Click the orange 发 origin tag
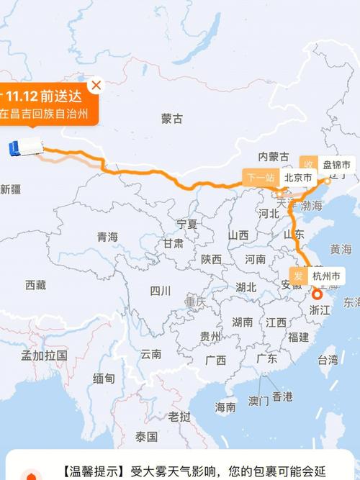pyautogui.click(x=298, y=276)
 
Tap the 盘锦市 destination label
pyautogui.click(x=336, y=166)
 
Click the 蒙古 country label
pyautogui.click(x=172, y=118)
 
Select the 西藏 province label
pyautogui.click(x=35, y=285)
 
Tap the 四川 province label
pyautogui.click(x=160, y=291)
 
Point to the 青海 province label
pyautogui.click(x=107, y=237)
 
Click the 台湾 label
pyautogui.click(x=328, y=359)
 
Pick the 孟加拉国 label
pyautogui.click(x=44, y=355)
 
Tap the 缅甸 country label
pyautogui.click(x=104, y=378)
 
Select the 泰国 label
pyautogui.click(x=146, y=436)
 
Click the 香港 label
pyautogui.click(x=282, y=396)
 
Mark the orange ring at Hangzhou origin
pyautogui.click(x=318, y=294)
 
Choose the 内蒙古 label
pyautogui.click(x=274, y=157)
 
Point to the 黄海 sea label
pyautogui.click(x=341, y=249)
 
